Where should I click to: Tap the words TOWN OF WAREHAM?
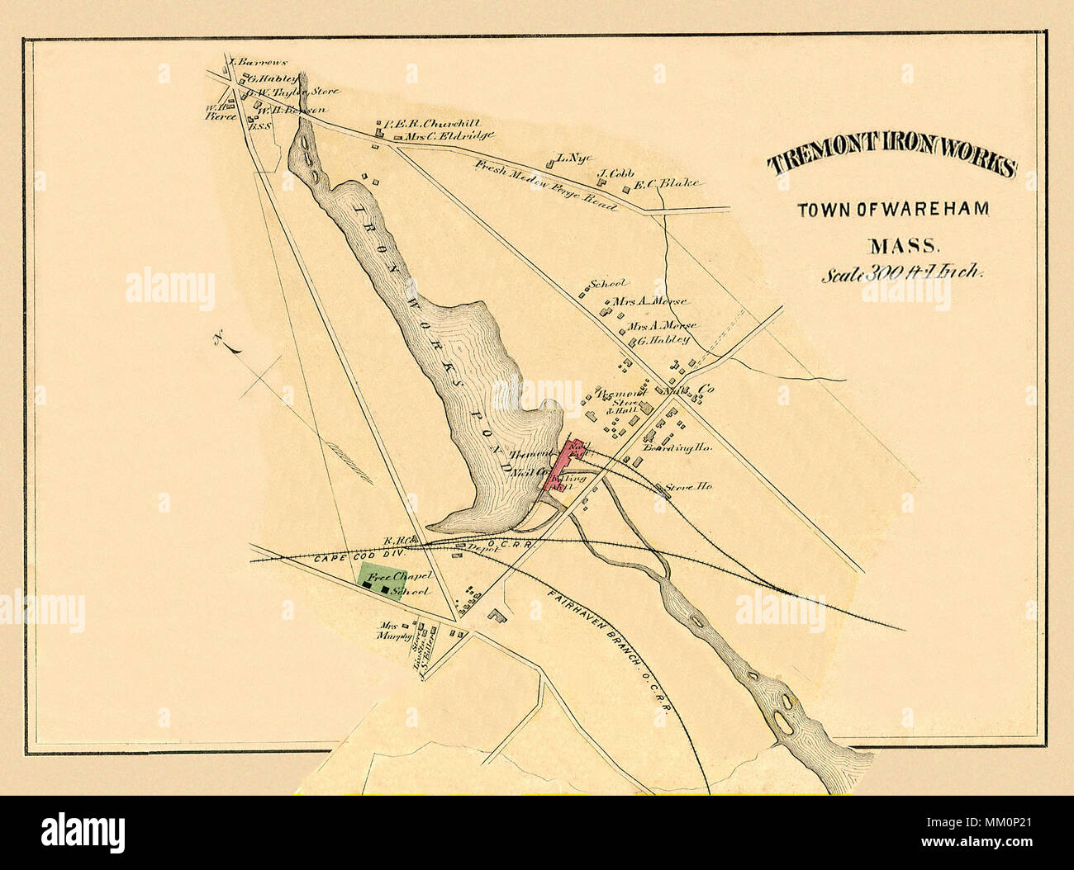point(892,210)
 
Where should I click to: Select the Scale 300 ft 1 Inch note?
point(901,275)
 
